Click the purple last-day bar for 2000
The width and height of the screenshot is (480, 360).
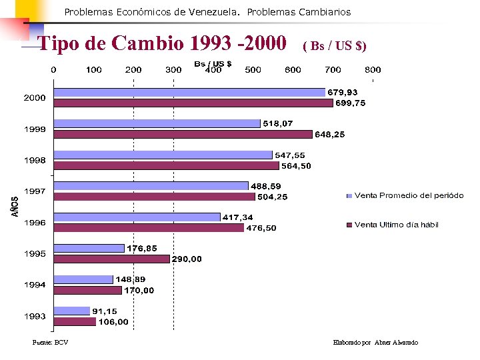tap(193, 103)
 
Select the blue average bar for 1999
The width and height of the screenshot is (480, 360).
tap(157, 123)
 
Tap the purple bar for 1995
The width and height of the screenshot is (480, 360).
tap(111, 259)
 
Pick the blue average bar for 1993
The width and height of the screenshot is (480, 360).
tap(71, 311)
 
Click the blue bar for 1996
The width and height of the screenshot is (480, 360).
tap(137, 217)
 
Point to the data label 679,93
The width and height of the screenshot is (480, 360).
tap(341, 92)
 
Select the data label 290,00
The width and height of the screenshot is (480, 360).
tap(187, 259)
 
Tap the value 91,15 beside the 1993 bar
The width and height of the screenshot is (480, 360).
tap(106, 311)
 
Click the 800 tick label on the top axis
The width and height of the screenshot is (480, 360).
tap(373, 69)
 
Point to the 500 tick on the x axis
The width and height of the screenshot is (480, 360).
tap(253, 69)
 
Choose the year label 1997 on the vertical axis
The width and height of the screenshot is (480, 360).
tap(35, 191)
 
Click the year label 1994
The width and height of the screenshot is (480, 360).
tap(35, 285)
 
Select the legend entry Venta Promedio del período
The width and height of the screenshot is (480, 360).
tap(409, 195)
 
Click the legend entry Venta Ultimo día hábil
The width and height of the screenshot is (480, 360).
tap(396, 225)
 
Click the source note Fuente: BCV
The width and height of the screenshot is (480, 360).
tap(51, 343)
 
